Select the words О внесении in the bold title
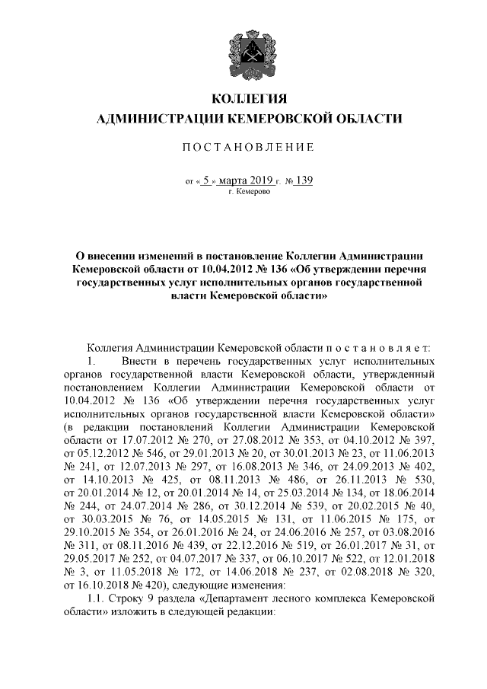tap(108, 257)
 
